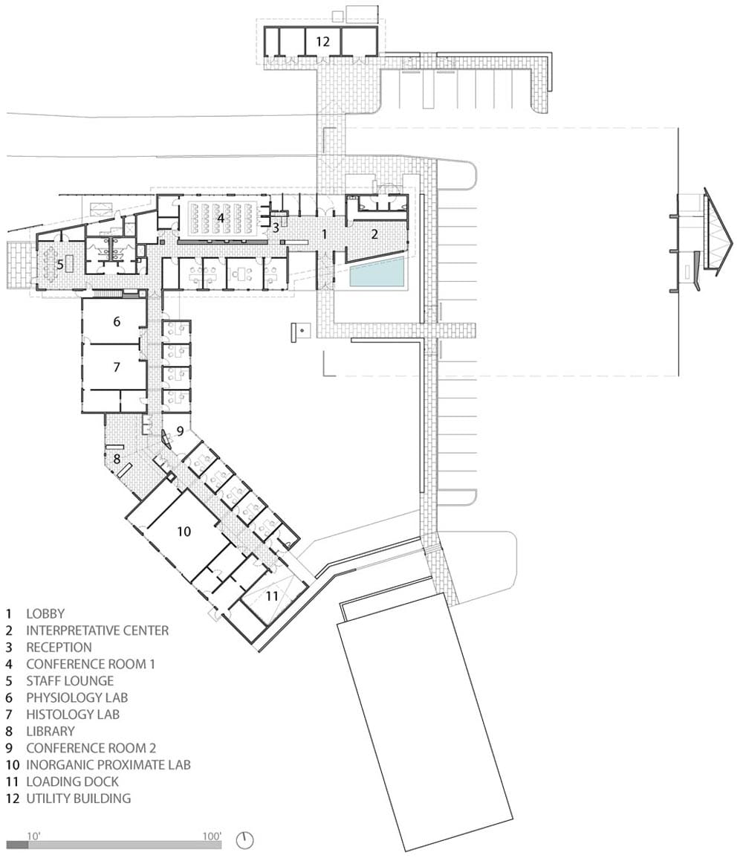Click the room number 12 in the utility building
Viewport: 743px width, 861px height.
point(322,41)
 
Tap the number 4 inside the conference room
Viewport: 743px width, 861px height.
point(220,219)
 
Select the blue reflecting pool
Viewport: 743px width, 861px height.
point(378,272)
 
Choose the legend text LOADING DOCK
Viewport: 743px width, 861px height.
point(72,781)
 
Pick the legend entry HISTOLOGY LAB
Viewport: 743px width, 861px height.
point(73,715)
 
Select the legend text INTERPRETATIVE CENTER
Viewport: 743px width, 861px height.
point(97,631)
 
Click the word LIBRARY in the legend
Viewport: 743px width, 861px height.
point(51,731)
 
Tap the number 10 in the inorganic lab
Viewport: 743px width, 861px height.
point(184,531)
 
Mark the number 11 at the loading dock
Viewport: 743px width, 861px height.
point(272,596)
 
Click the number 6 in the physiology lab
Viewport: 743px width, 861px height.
point(117,321)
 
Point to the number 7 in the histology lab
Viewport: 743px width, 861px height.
point(117,367)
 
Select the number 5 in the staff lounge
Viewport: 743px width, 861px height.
point(60,265)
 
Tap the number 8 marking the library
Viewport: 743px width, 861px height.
point(117,458)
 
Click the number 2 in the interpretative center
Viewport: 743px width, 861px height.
point(374,234)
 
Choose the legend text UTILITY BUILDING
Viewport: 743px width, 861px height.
point(79,799)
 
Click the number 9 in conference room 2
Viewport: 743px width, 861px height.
point(180,431)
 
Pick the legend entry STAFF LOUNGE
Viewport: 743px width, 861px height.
point(71,681)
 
